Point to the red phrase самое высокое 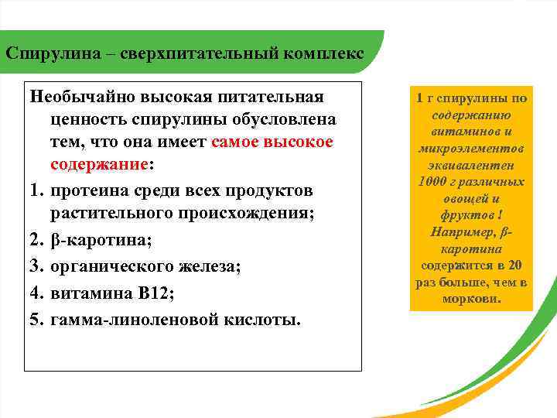pos(272,142)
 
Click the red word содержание pos(98,165)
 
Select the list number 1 pos(36,190)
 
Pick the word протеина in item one pos(89,190)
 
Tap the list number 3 pos(36,267)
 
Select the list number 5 pos(36,319)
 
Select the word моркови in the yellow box pos(470,298)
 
